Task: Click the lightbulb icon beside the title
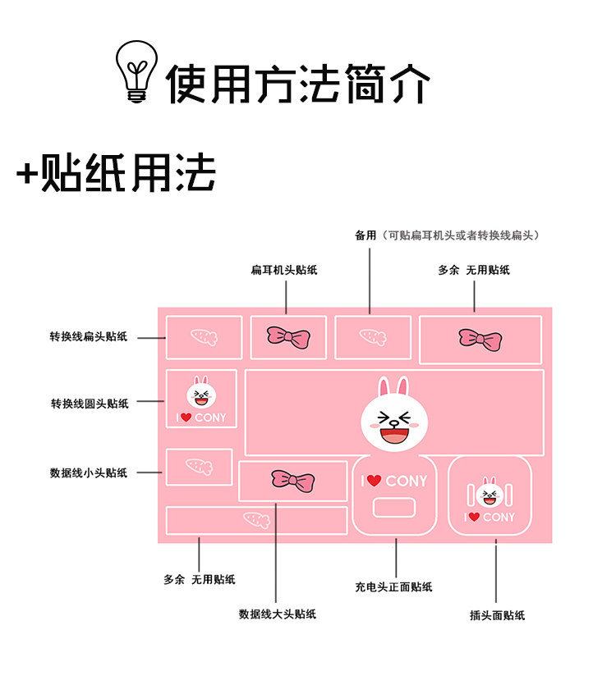click(136, 72)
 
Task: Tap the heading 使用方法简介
click(298, 83)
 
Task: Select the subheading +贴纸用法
click(116, 173)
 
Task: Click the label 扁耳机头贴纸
click(284, 270)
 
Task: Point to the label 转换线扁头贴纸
click(89, 337)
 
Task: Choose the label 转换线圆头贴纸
click(90, 404)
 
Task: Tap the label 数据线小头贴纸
click(89, 472)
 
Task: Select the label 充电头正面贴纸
click(393, 586)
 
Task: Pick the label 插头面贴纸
click(497, 614)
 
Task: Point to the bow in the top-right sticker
click(480, 338)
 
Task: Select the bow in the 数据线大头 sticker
click(292, 481)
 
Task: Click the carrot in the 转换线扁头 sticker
click(203, 336)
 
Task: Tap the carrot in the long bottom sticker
click(256, 519)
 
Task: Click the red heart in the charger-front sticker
click(374, 481)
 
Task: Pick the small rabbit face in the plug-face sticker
click(490, 494)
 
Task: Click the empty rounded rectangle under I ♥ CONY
click(394, 508)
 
